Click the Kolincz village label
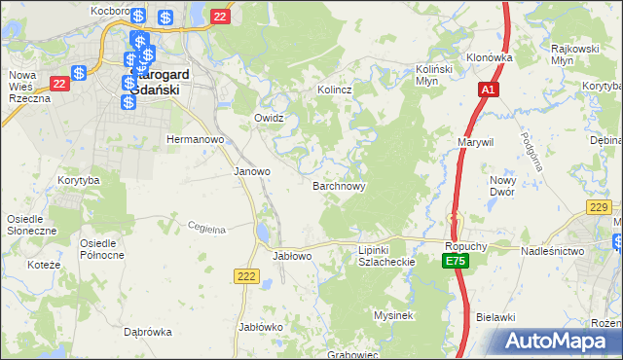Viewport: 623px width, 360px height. pyautogui.click(x=334, y=90)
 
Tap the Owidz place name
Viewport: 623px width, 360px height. pyautogui.click(x=268, y=118)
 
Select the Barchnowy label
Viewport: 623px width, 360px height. pyautogui.click(x=339, y=185)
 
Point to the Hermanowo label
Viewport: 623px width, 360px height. pyautogui.click(x=196, y=139)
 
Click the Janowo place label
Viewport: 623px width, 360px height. pyautogui.click(x=252, y=171)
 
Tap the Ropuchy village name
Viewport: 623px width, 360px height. pyautogui.click(x=465, y=247)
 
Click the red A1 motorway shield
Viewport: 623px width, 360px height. pyautogui.click(x=490, y=90)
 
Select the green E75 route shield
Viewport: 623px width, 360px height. pyautogui.click(x=455, y=262)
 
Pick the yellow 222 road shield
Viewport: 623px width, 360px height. pyautogui.click(x=245, y=277)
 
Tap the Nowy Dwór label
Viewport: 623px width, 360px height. pyautogui.click(x=502, y=186)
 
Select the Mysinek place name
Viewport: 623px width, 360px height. pyautogui.click(x=394, y=315)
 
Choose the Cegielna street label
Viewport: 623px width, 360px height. pyautogui.click(x=206, y=229)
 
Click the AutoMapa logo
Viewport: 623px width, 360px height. pyautogui.click(x=559, y=342)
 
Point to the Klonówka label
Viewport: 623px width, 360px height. pyautogui.click(x=489, y=57)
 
